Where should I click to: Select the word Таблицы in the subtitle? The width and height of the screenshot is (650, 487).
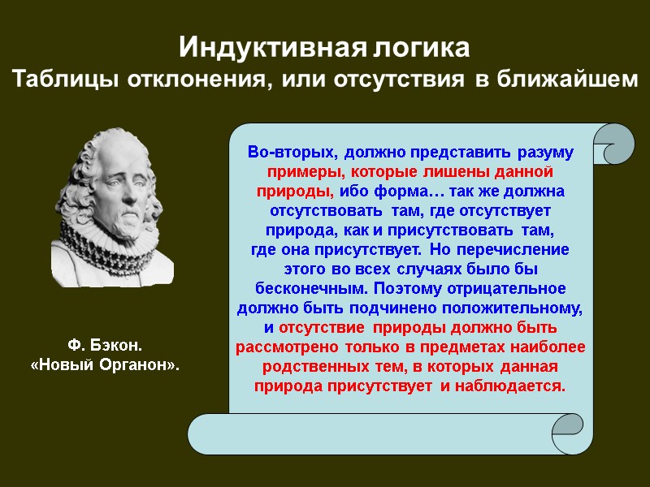click(x=57, y=80)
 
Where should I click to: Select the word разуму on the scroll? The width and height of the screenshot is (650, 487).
click(x=542, y=153)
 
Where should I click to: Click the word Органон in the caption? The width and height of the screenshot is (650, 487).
click(x=138, y=366)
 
